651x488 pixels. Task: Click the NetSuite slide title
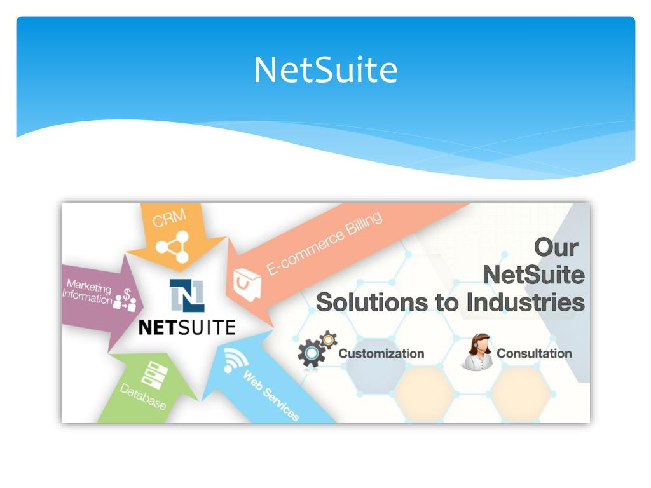[325, 69]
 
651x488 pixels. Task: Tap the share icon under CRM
[173, 247]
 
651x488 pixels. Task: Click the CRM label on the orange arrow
[169, 219]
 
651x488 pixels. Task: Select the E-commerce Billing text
[324, 243]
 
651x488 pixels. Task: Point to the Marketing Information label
[87, 292]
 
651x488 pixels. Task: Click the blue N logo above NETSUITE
[186, 295]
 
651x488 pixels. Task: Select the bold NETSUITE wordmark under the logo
[187, 327]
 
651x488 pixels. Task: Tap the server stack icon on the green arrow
[153, 374]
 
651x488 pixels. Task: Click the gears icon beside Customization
[316, 349]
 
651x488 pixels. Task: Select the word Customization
[381, 353]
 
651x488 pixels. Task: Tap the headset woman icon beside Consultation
[477, 352]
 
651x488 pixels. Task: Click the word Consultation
[534, 353]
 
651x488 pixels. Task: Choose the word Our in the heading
[556, 247]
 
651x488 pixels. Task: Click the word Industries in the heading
[525, 302]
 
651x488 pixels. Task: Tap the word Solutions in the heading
[371, 302]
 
